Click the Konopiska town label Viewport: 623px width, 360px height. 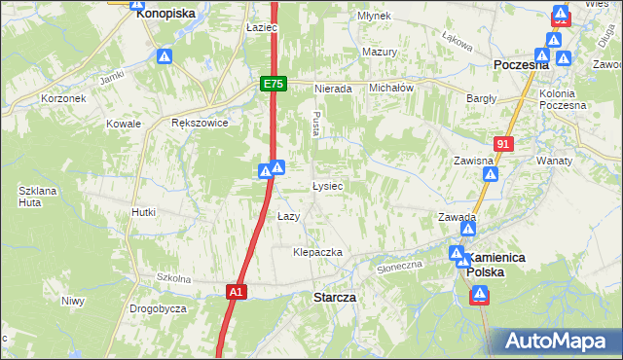165,14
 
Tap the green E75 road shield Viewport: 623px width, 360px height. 274,85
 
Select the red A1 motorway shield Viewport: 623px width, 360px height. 236,291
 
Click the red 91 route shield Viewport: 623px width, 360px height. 502,144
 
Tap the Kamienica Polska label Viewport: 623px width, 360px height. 496,265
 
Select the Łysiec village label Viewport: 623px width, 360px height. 327,185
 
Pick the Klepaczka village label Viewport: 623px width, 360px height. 318,252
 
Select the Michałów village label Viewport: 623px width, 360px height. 392,88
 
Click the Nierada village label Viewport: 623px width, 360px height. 332,88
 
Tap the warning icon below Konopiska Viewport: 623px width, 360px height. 165,56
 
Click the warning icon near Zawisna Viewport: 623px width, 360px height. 492,175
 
